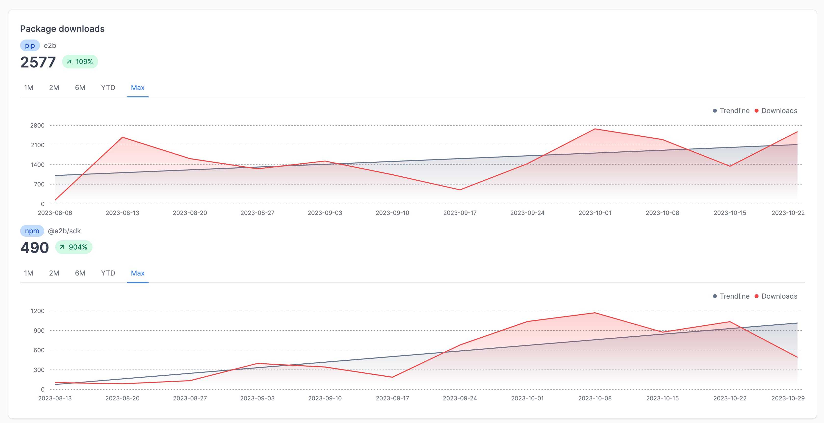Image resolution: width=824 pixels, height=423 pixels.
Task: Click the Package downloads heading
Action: (x=62, y=29)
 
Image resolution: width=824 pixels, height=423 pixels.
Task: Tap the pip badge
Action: (x=30, y=45)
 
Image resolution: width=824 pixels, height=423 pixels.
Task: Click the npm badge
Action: (x=32, y=231)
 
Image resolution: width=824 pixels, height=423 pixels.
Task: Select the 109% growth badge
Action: (x=80, y=61)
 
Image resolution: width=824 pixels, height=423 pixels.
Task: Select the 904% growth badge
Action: (x=74, y=247)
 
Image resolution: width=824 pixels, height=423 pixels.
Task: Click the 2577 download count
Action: (x=38, y=62)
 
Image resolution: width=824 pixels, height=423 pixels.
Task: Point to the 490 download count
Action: (x=35, y=248)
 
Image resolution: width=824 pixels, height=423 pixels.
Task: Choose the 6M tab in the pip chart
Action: (x=80, y=88)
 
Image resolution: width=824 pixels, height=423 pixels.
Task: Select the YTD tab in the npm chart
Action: (x=108, y=273)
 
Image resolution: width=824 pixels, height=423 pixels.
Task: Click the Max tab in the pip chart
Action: (x=138, y=88)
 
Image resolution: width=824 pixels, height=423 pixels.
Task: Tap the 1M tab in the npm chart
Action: (x=28, y=273)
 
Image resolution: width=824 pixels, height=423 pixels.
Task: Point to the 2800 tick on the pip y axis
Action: (x=38, y=125)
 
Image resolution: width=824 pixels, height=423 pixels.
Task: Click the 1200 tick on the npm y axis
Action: (x=38, y=311)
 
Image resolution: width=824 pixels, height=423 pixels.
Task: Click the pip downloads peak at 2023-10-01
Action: (x=595, y=129)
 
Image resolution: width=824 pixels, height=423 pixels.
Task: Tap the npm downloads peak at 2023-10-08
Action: (x=595, y=313)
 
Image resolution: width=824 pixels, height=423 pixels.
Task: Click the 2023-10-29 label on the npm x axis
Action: (x=788, y=398)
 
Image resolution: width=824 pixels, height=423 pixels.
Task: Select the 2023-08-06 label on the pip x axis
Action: (x=55, y=213)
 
